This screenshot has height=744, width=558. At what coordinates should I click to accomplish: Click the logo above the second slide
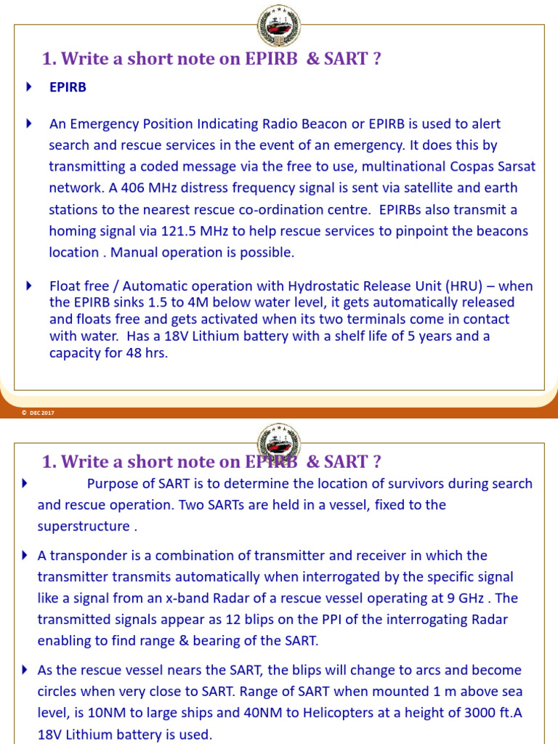click(278, 442)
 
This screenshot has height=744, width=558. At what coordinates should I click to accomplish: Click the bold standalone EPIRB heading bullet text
click(68, 87)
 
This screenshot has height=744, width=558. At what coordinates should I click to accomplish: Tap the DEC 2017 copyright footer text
click(38, 413)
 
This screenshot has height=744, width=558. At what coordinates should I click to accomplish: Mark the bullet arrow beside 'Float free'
click(29, 286)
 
